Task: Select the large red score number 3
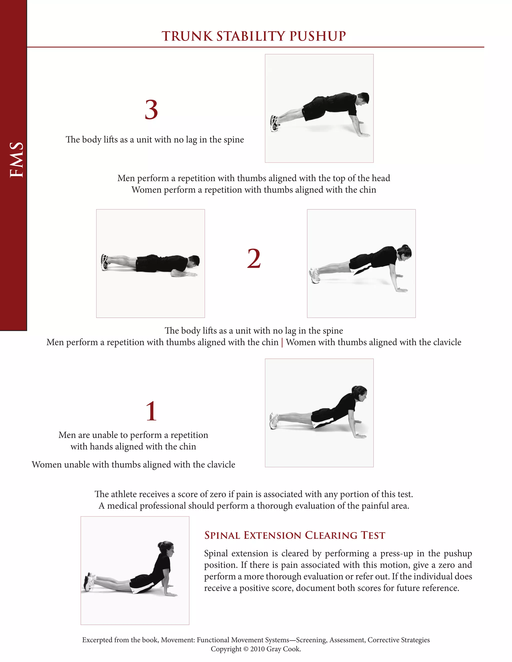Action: pos(151,110)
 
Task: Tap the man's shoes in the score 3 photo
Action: pos(274,123)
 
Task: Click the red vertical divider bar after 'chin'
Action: pos(282,342)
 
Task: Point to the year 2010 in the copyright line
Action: pos(257,649)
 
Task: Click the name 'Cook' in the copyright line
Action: pos(291,649)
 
